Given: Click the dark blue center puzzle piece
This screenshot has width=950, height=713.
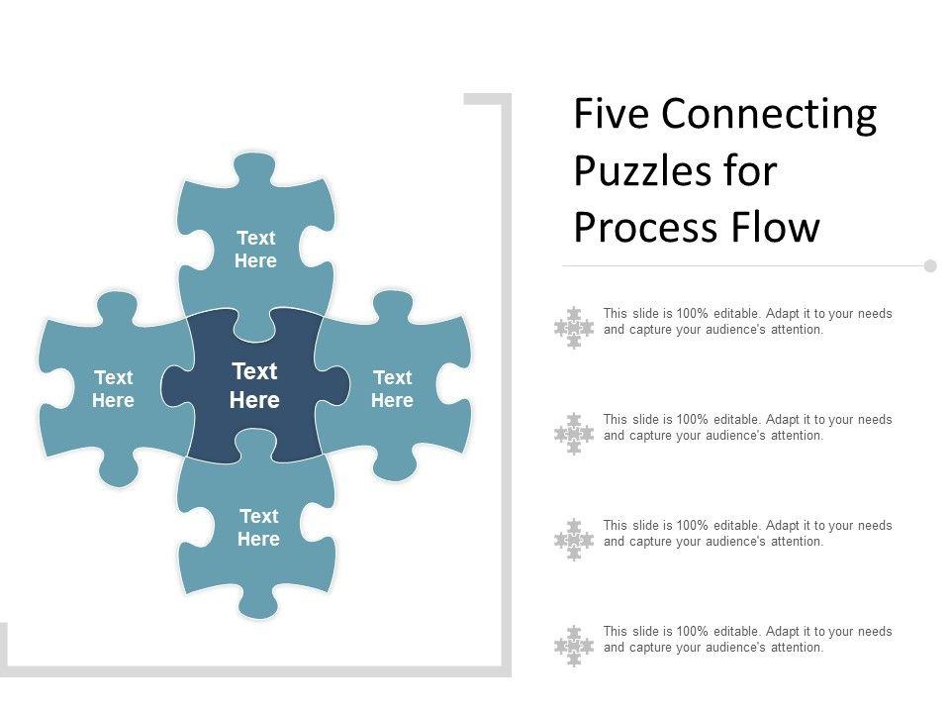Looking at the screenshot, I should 213,436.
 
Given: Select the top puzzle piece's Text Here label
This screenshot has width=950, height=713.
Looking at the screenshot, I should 255,250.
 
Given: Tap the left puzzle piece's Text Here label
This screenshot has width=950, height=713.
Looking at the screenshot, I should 114,389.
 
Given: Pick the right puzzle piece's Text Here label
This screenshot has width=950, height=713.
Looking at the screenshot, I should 392,389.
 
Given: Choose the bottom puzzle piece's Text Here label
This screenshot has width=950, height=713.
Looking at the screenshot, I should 258,528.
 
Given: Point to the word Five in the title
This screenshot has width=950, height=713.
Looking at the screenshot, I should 611,116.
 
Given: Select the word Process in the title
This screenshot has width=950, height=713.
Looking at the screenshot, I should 647,228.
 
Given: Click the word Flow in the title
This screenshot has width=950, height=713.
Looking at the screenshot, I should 782,228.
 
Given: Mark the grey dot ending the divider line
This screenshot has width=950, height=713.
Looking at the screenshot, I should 930,265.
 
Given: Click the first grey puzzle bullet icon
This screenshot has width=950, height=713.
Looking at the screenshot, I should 574,328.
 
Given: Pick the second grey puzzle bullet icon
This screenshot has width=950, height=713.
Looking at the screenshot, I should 574,434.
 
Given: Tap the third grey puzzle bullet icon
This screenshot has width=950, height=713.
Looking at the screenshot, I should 574,540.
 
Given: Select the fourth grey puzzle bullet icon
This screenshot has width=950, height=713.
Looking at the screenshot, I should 574,646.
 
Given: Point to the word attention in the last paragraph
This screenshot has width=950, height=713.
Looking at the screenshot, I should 797,648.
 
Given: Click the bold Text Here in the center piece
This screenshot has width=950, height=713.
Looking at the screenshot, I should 254,386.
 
